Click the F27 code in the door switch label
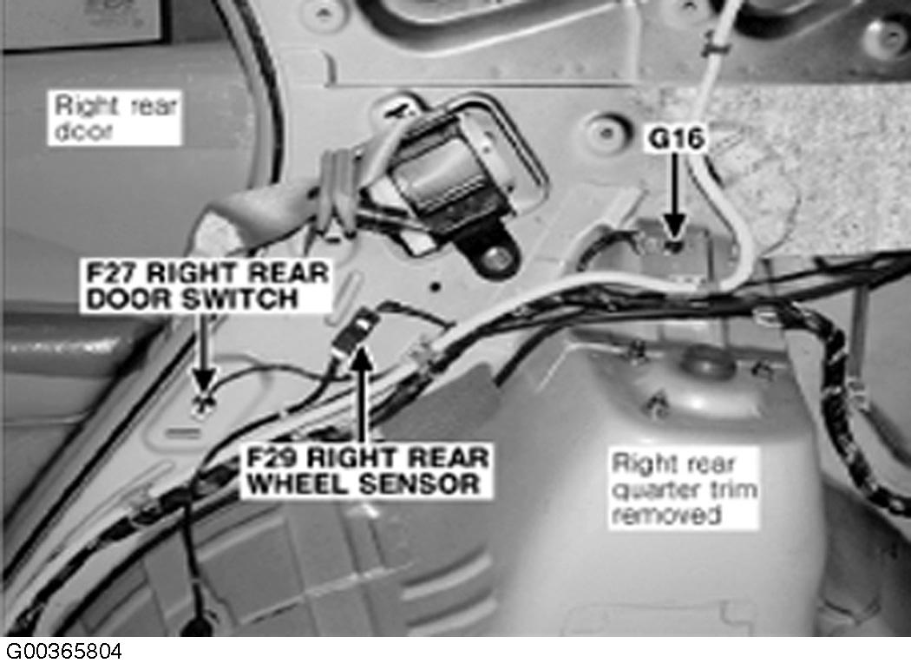click(110, 273)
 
